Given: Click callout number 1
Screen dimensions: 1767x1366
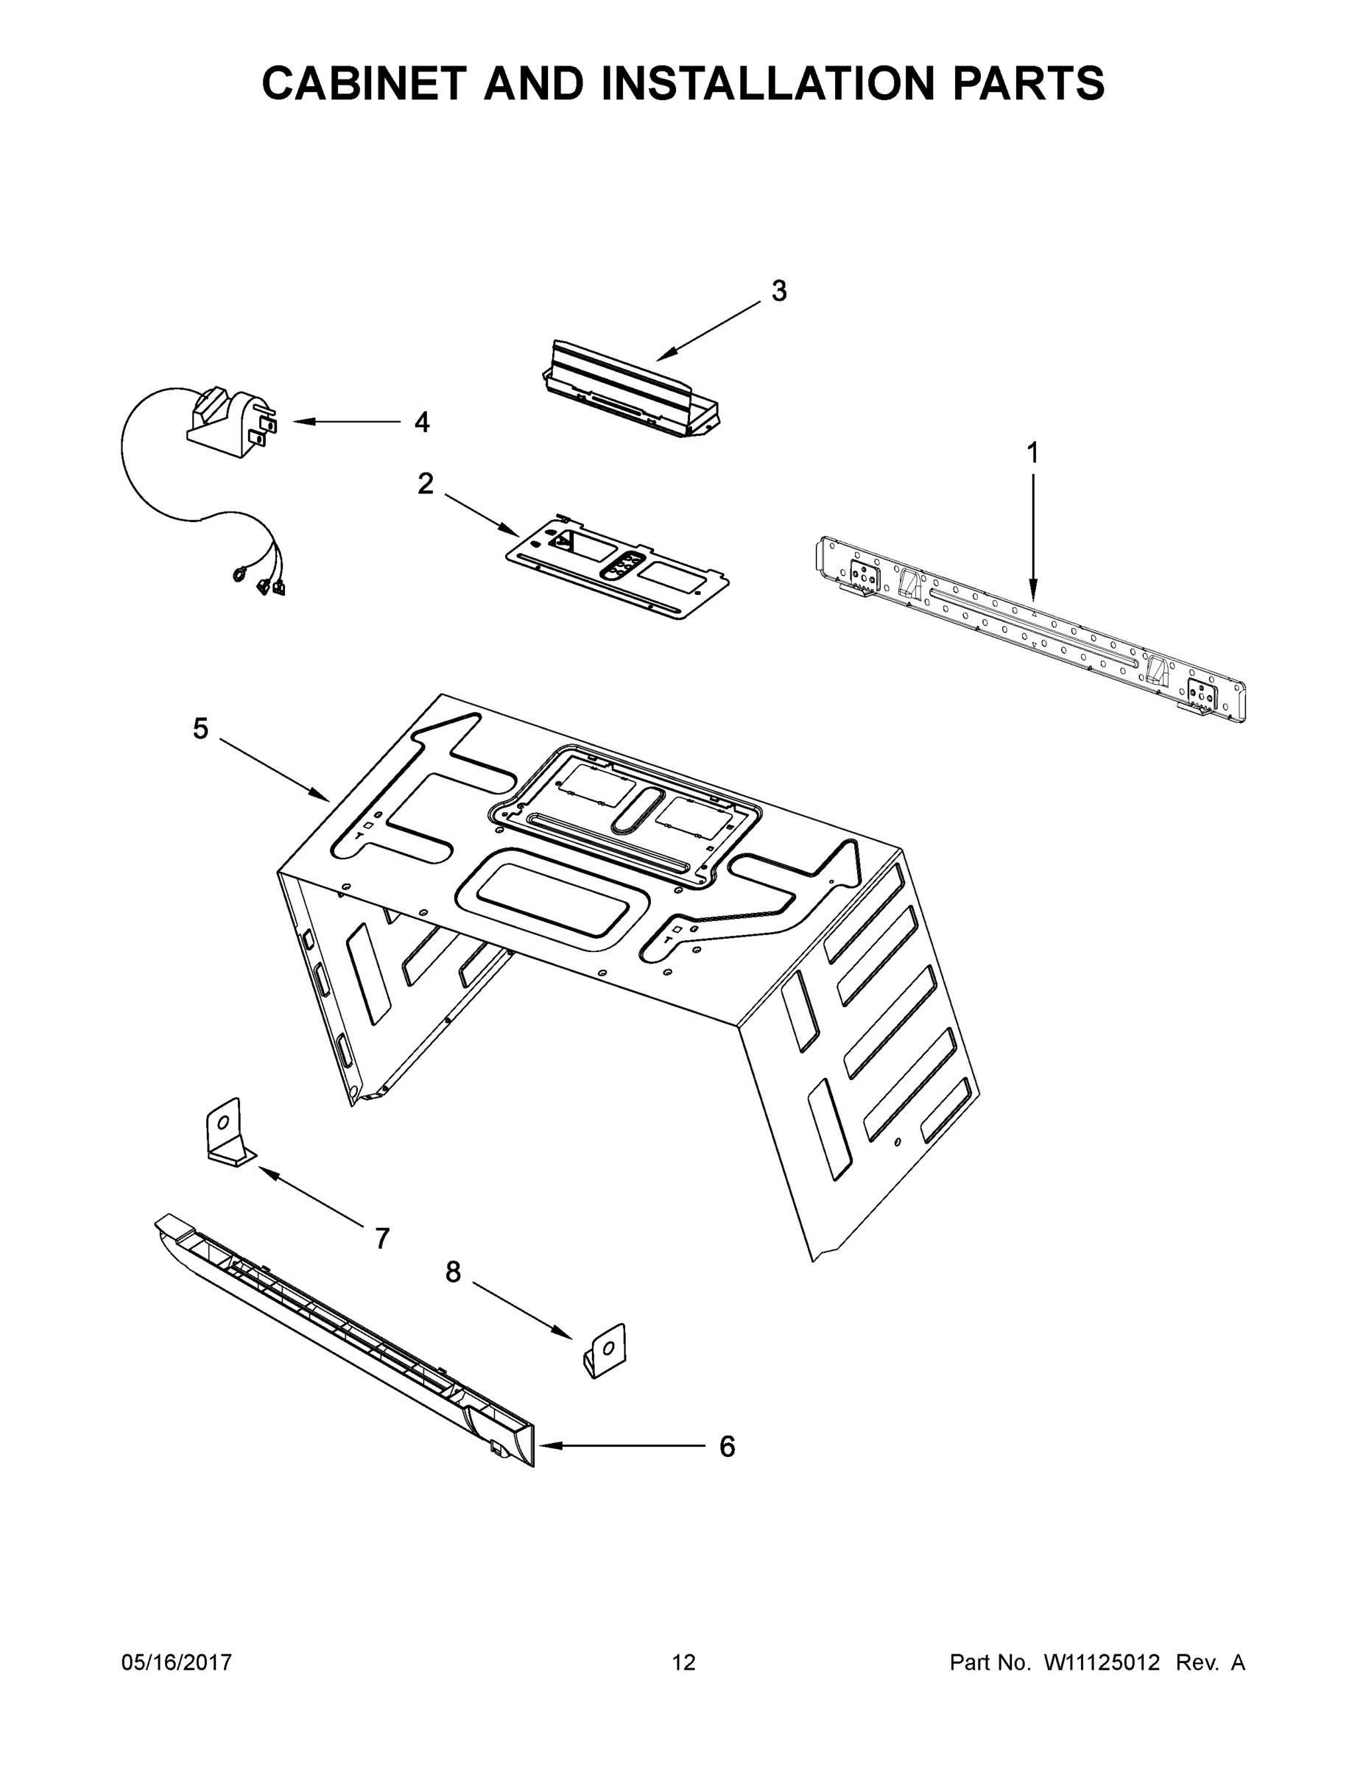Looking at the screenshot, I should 1032,453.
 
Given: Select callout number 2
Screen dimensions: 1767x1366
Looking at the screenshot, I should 425,484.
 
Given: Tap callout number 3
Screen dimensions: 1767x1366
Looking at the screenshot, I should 778,292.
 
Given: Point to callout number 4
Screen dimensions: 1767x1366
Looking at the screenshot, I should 422,422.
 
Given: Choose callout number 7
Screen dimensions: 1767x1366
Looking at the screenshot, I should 382,1238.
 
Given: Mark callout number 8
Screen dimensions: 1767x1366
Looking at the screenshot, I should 453,1273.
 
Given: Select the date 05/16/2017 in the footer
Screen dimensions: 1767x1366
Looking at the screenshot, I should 177,1662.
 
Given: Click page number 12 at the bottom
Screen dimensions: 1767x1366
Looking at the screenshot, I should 684,1662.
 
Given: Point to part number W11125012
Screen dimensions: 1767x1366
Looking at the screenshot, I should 1102,1662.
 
